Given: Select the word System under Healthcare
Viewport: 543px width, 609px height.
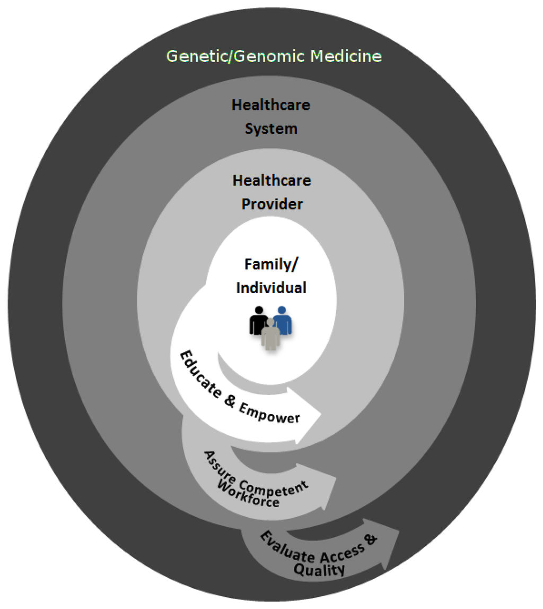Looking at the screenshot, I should click(271, 129).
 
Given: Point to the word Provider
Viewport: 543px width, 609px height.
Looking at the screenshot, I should click(273, 204).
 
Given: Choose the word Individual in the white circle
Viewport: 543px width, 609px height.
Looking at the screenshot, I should click(271, 288).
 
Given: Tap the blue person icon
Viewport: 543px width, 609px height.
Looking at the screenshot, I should click(283, 320).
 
